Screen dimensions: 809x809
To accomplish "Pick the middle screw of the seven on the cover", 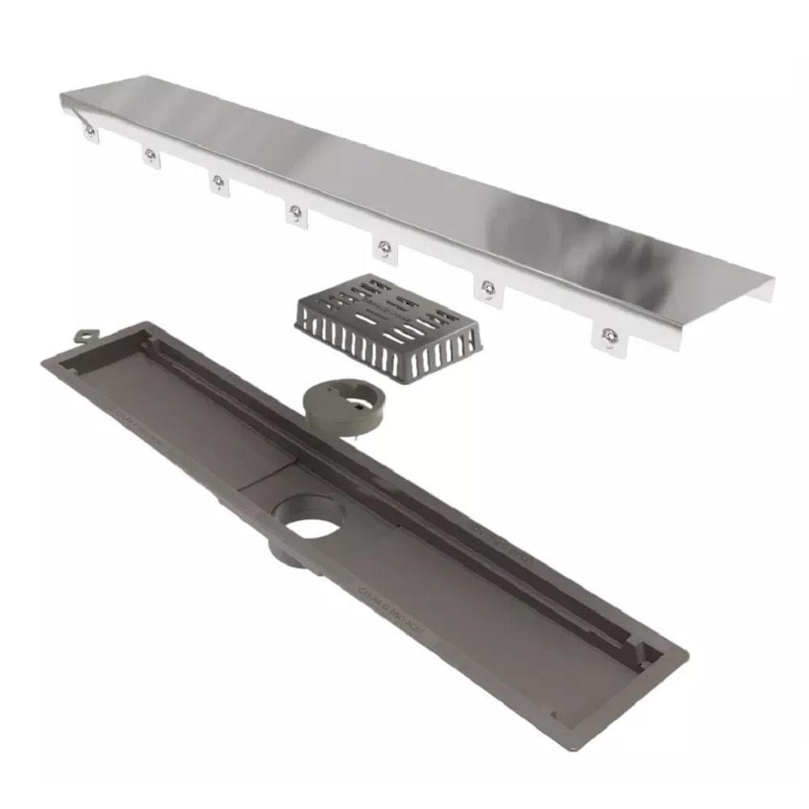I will point(296,211).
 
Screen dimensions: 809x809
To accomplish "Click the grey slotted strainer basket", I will point(388,328).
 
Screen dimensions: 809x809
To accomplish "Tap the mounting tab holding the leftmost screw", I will point(90,134).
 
